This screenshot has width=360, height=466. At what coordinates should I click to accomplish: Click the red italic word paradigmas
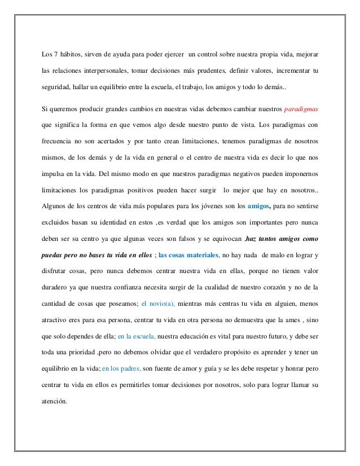(301, 107)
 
